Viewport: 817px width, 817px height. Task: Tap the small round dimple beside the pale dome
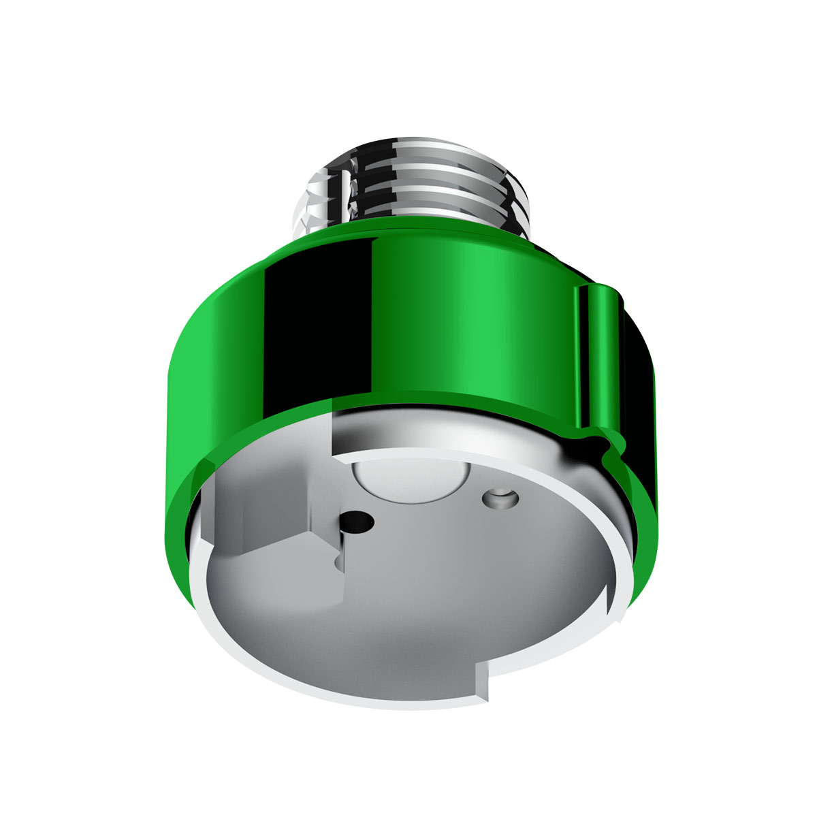(x=498, y=498)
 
